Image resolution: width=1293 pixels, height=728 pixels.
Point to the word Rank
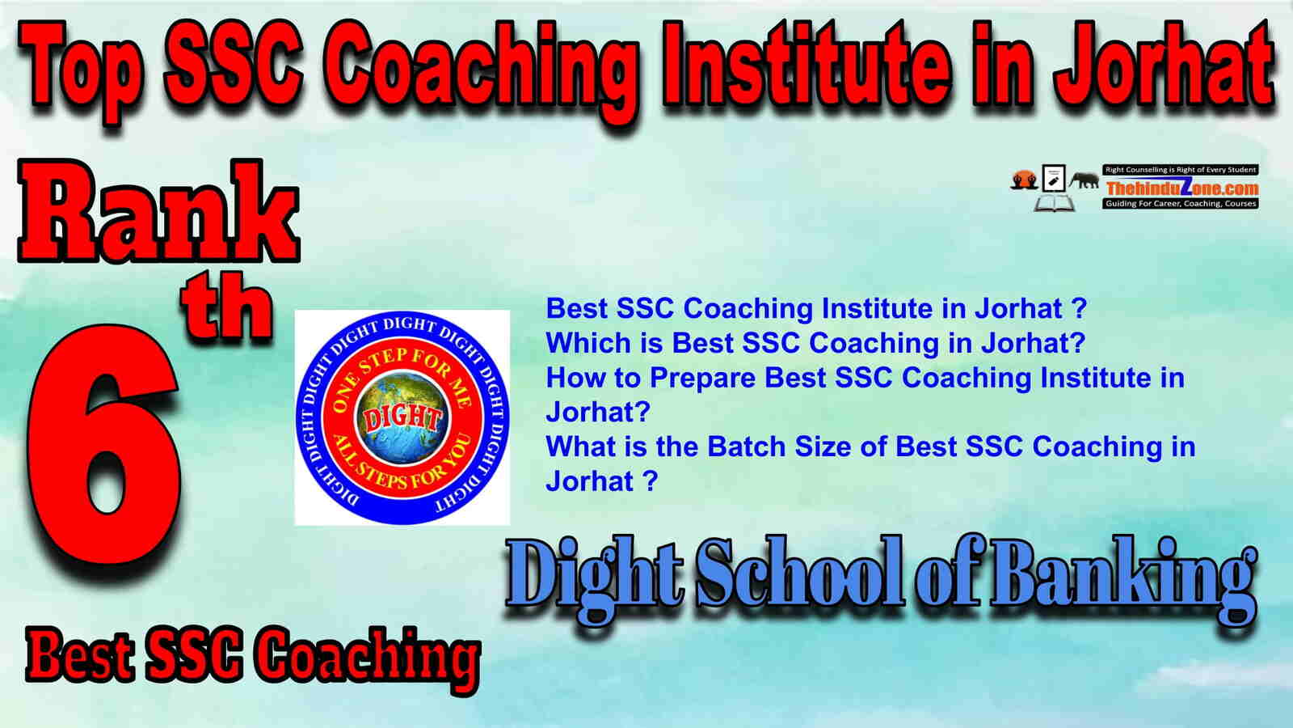pos(158,211)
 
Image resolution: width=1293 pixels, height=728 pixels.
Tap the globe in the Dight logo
pos(402,418)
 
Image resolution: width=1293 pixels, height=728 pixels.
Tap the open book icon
pos(1054,203)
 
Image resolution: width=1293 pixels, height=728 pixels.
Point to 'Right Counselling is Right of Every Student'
pos(1181,170)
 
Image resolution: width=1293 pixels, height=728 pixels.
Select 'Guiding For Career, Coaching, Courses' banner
pos(1181,204)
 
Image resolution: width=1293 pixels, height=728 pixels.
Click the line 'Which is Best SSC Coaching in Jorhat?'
pos(815,343)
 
